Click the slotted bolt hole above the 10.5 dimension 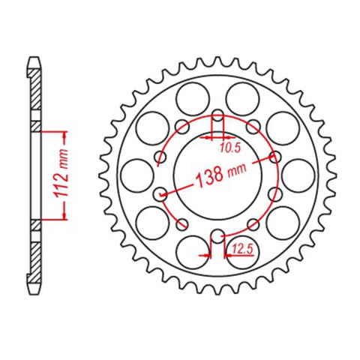[217, 119]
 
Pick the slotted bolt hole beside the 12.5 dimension [217, 238]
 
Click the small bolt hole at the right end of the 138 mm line [274, 157]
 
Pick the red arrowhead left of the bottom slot [206, 254]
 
